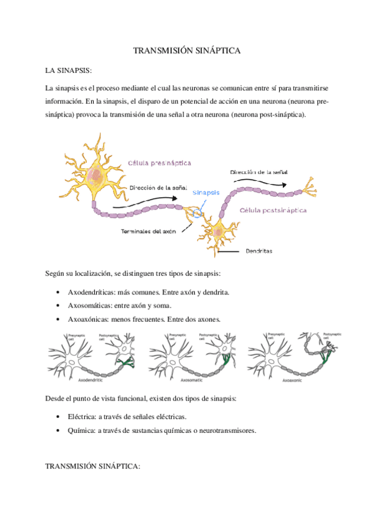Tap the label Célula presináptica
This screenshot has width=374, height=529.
pyautogui.click(x=159, y=163)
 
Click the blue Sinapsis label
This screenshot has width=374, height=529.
pyautogui.click(x=206, y=193)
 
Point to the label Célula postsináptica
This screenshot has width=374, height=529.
pyautogui.click(x=273, y=211)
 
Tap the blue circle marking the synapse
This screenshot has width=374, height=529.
pyautogui.click(x=198, y=213)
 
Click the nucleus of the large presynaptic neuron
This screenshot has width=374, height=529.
pyautogui.click(x=95, y=175)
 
